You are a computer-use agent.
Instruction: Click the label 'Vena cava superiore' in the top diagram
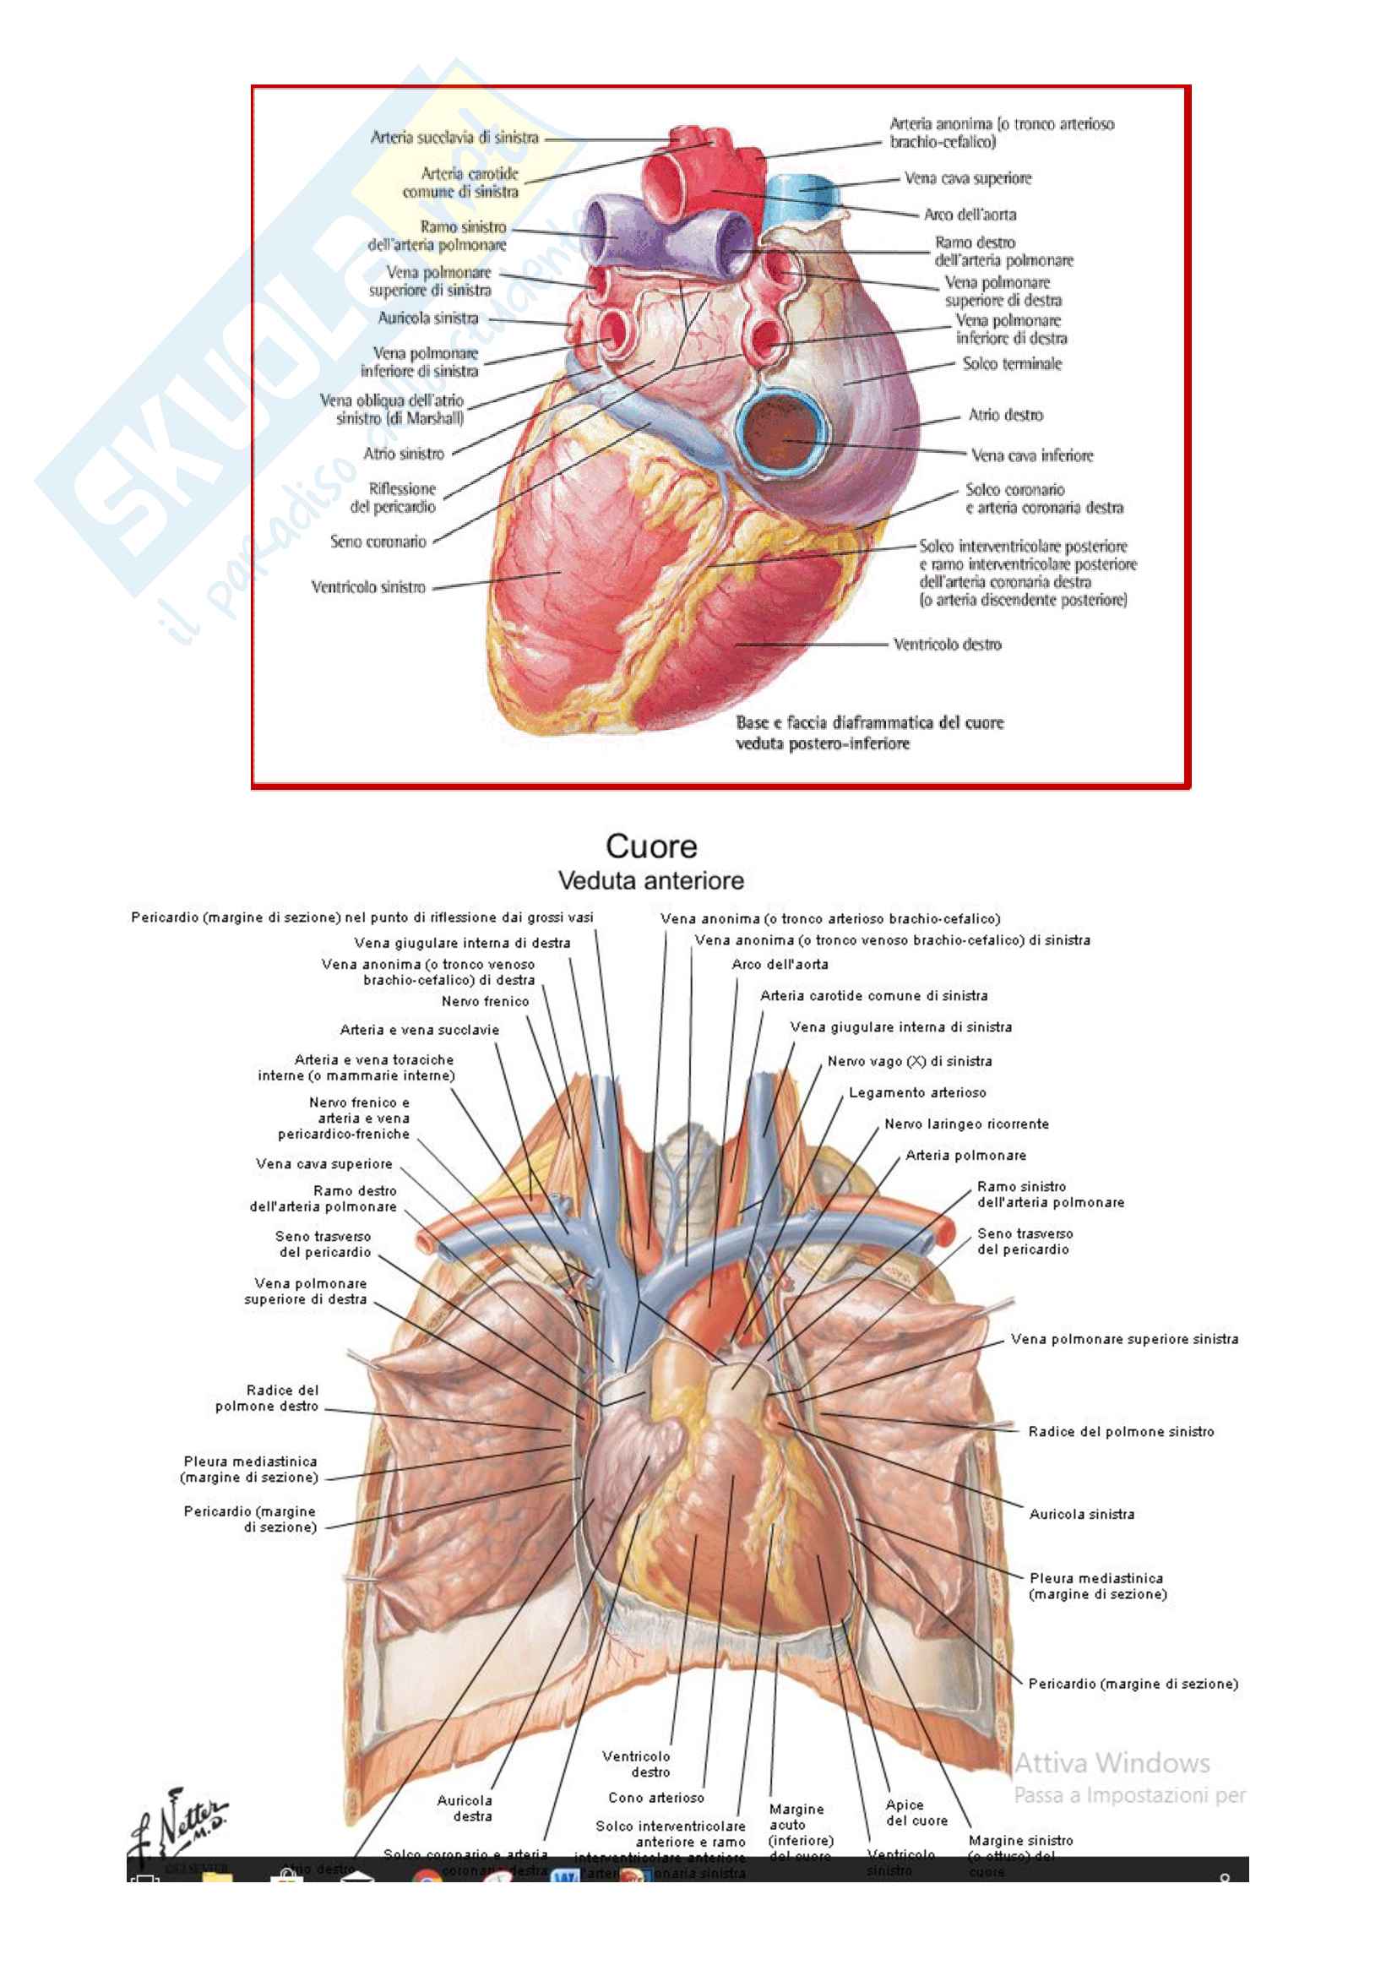pyautogui.click(x=967, y=178)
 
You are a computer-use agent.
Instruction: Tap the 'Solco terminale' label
pyautogui.click(x=1012, y=363)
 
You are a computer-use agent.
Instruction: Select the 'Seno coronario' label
pyautogui.click(x=378, y=542)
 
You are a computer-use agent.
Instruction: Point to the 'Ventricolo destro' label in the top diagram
pyautogui.click(x=946, y=644)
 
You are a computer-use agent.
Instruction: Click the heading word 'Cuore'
pyautogui.click(x=651, y=846)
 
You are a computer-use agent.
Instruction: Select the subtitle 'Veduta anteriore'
pyautogui.click(x=650, y=880)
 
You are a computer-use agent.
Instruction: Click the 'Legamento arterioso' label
pyautogui.click(x=917, y=1092)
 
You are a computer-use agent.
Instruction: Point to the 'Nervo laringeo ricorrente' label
pyautogui.click(x=966, y=1123)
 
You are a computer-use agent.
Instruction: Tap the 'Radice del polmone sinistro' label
pyautogui.click(x=1120, y=1431)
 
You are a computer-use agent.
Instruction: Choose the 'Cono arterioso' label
pyautogui.click(x=655, y=1797)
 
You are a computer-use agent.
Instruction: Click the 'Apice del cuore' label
pyautogui.click(x=916, y=1812)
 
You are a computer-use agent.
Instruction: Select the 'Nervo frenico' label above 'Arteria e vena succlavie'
pyautogui.click(x=485, y=1001)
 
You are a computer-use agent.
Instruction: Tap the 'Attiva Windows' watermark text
pyautogui.click(x=1112, y=1763)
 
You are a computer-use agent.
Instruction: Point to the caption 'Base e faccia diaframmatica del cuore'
pyautogui.click(x=869, y=722)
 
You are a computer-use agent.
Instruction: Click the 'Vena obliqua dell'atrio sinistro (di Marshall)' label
pyautogui.click(x=391, y=409)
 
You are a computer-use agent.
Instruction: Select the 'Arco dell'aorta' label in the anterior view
pyautogui.click(x=780, y=964)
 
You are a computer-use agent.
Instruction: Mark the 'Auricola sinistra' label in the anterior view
pyautogui.click(x=1081, y=1514)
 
